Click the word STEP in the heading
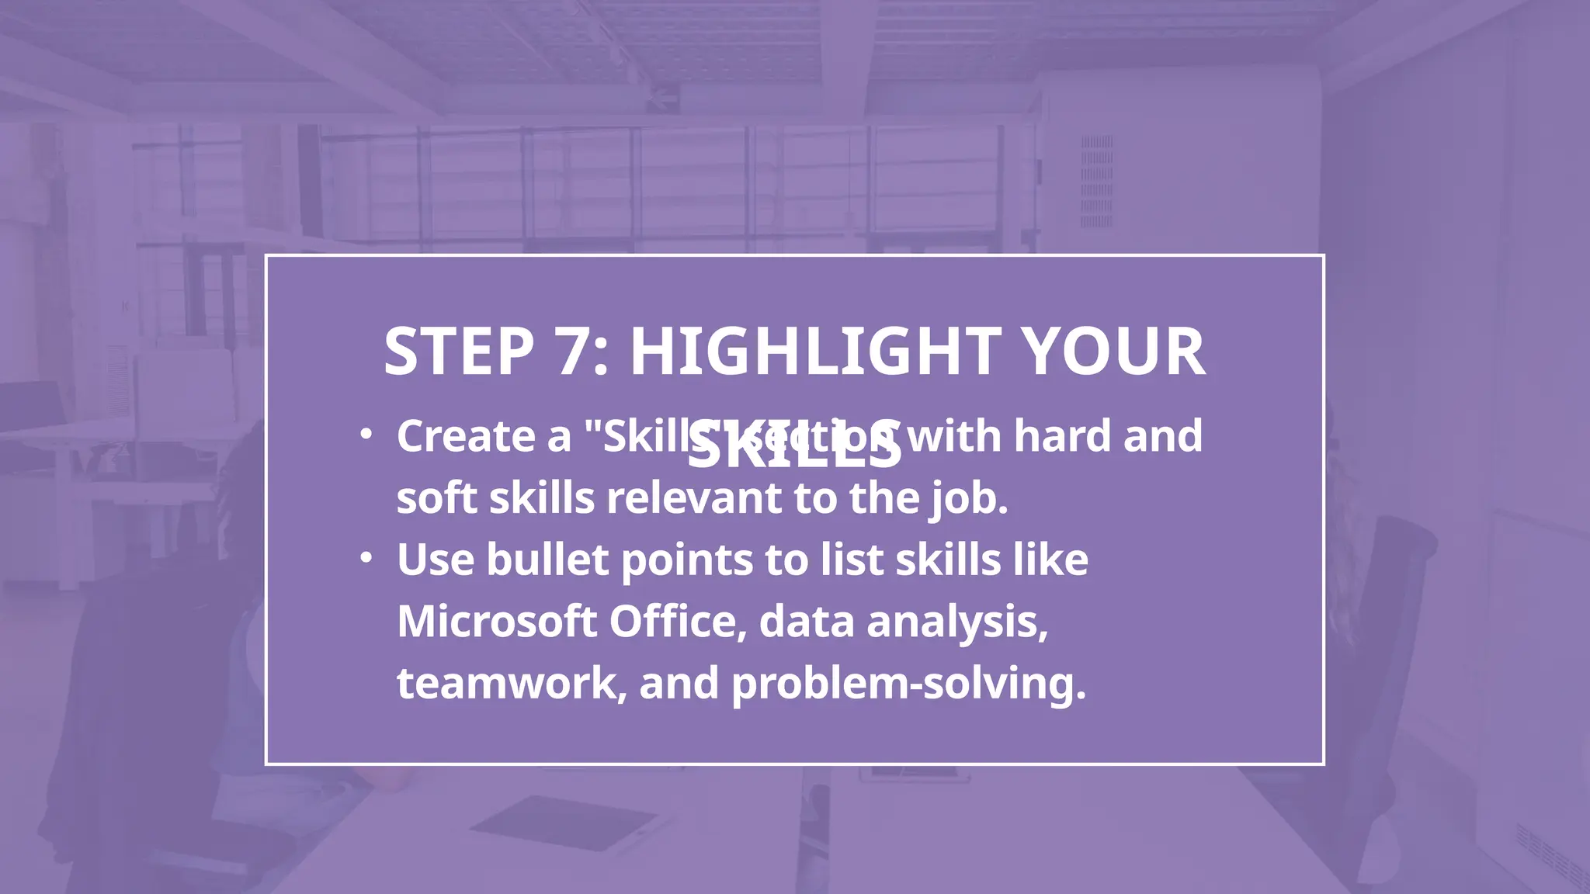459,352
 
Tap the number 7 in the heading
575,352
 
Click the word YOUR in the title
1113,352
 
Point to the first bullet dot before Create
366,434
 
